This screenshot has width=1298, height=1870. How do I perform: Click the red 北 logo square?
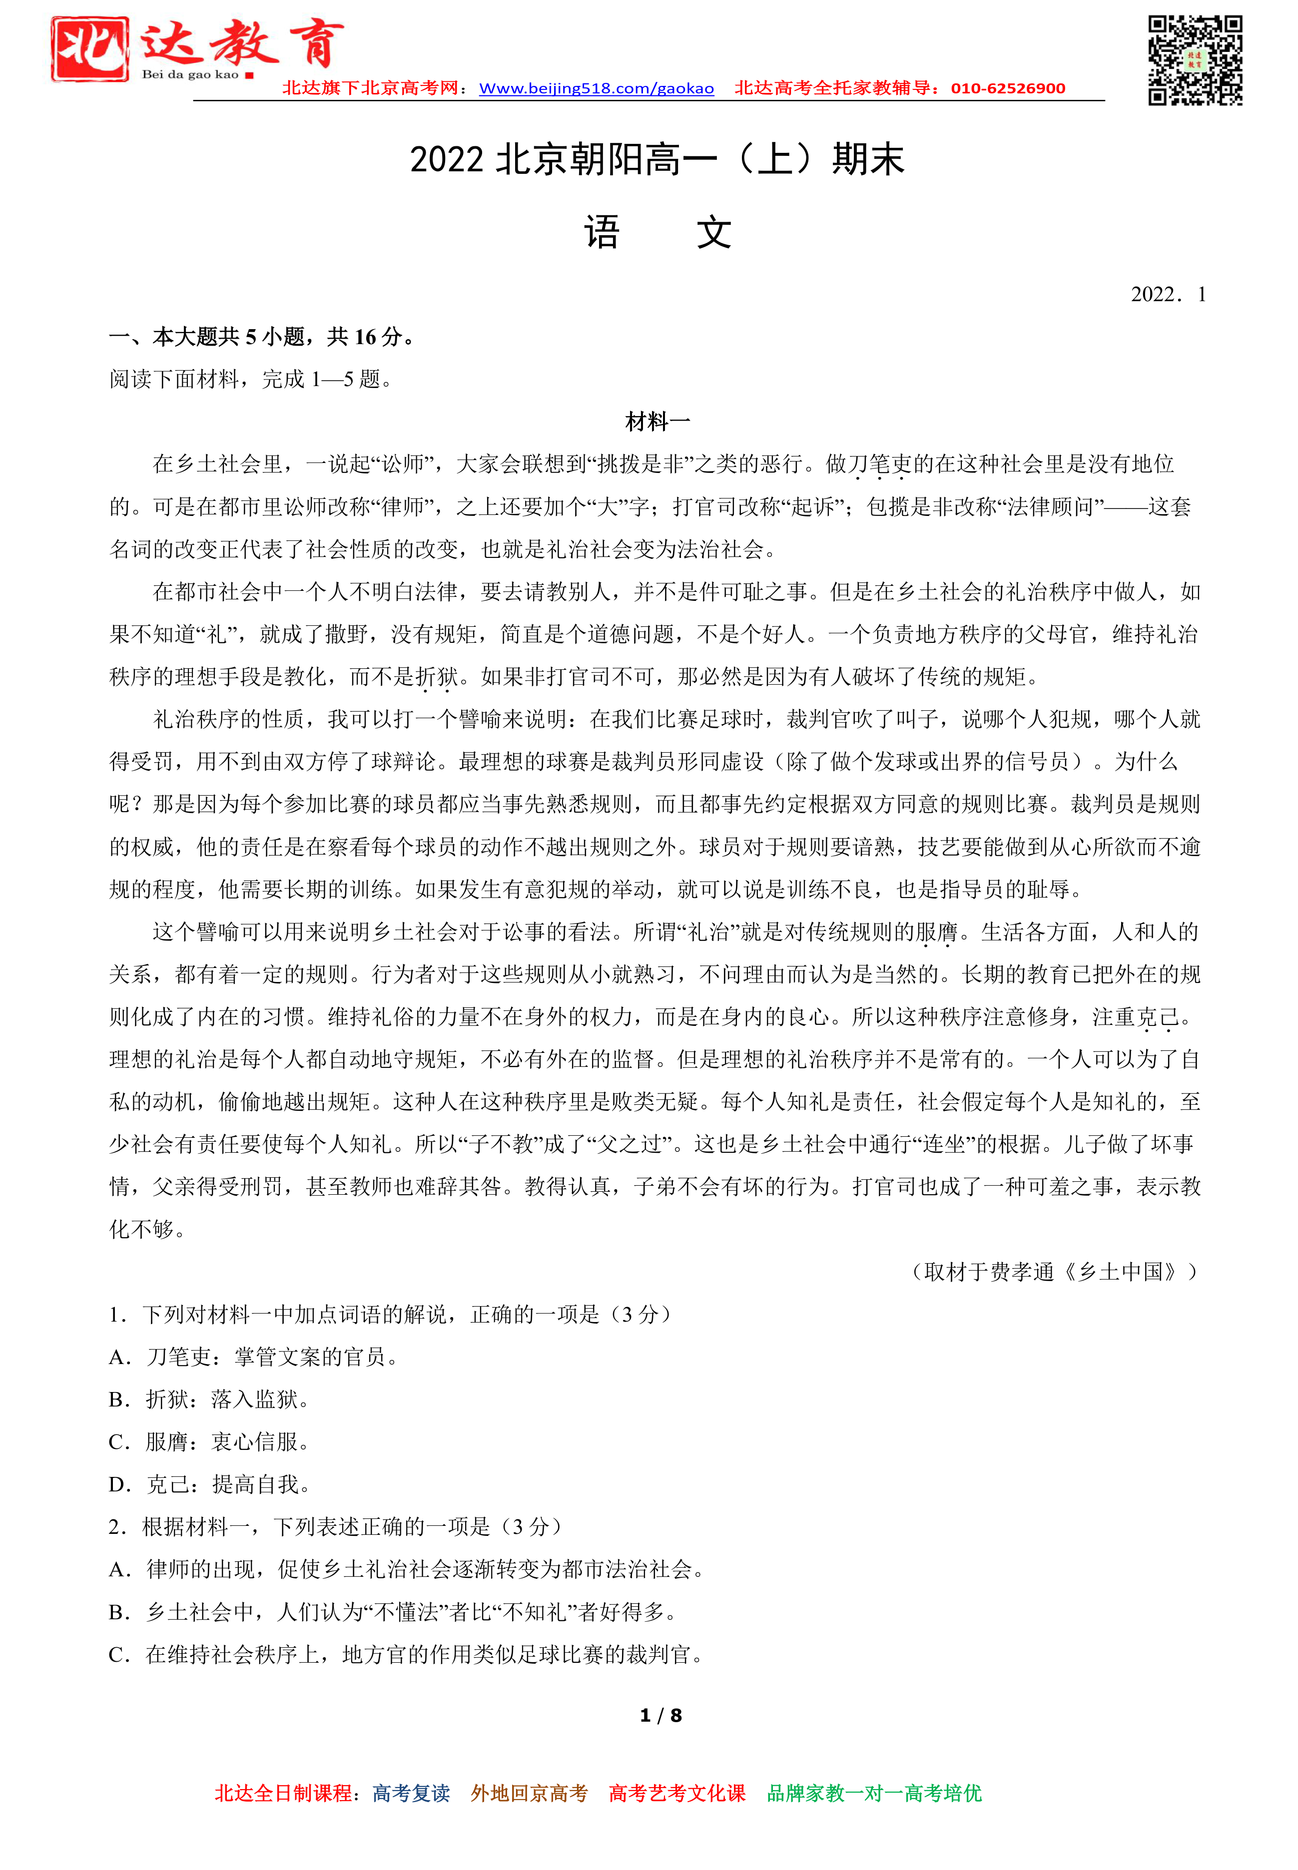pos(89,49)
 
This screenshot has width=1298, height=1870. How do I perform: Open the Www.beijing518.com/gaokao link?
pos(596,88)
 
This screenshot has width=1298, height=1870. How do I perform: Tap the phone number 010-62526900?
pos(1008,88)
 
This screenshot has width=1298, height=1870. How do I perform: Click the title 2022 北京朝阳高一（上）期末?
pos(656,159)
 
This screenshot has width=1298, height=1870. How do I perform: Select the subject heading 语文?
pos(657,233)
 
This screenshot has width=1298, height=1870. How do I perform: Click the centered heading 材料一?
pos(657,421)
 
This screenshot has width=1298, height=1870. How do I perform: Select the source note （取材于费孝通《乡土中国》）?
pos(1055,1272)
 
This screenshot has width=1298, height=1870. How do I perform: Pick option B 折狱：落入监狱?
pos(209,1399)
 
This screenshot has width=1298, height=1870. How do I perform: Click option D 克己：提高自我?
pos(210,1484)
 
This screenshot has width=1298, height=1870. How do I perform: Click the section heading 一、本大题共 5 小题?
pos(262,337)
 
